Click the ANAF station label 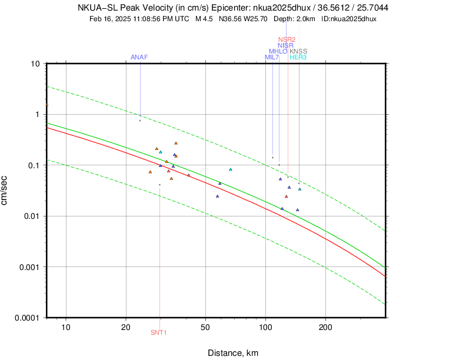139,57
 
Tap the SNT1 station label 159,332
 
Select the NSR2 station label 287,39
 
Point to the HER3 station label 298,57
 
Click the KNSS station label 298,51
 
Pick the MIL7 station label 272,57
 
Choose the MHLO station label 278,51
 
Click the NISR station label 286,45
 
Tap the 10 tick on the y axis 35,64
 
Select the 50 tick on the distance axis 205,327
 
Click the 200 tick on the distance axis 325,327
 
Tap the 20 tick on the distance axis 126,327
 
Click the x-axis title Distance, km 233,353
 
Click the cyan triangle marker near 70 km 231,169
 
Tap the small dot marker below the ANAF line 140,121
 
